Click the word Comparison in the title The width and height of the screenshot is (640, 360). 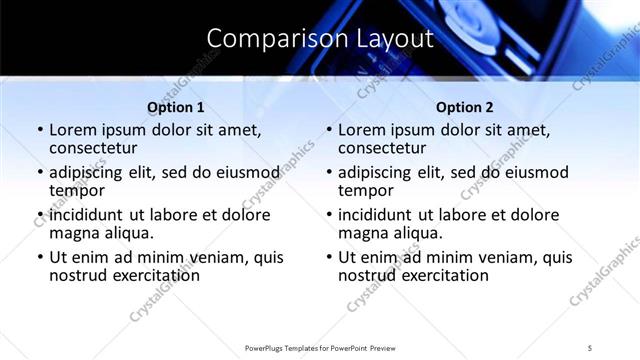click(x=267, y=38)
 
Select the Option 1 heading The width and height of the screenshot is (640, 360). click(x=176, y=107)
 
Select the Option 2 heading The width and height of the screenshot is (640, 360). click(x=465, y=107)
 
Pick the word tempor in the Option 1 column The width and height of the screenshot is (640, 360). click(x=77, y=190)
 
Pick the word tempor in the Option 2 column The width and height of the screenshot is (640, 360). click(x=366, y=190)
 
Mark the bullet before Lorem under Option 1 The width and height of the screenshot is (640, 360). click(x=39, y=130)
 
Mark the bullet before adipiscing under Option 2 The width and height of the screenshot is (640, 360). click(x=328, y=172)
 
